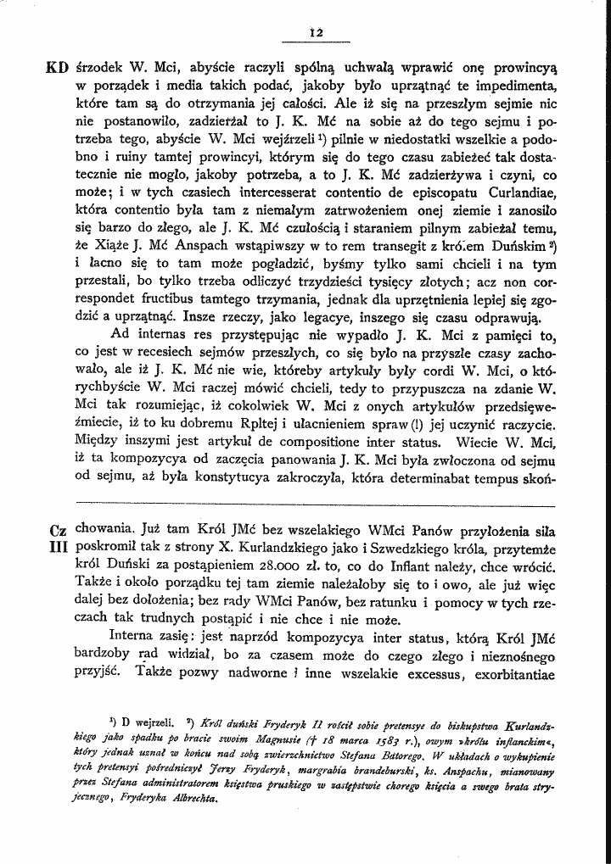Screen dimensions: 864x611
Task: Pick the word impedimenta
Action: (x=513, y=86)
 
